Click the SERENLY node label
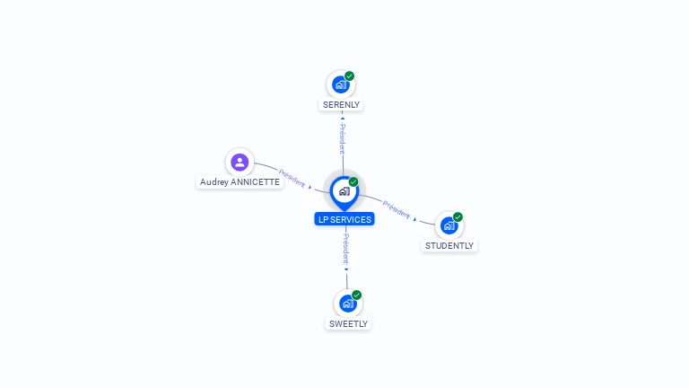click(341, 104)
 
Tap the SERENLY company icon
click(340, 84)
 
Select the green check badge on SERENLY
click(349, 76)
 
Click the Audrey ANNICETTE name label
click(240, 181)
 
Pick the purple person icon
click(240, 163)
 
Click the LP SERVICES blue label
click(344, 219)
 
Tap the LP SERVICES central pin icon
click(344, 191)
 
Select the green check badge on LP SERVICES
click(353, 182)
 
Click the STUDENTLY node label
click(449, 245)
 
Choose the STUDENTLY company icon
click(449, 225)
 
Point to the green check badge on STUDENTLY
click(458, 217)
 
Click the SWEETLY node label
click(348, 323)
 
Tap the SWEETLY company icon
click(347, 304)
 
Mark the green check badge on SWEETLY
click(356, 295)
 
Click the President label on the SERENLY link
click(342, 139)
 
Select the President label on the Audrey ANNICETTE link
click(292, 175)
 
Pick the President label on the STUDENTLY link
click(397, 208)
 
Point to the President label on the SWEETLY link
click(345, 248)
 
